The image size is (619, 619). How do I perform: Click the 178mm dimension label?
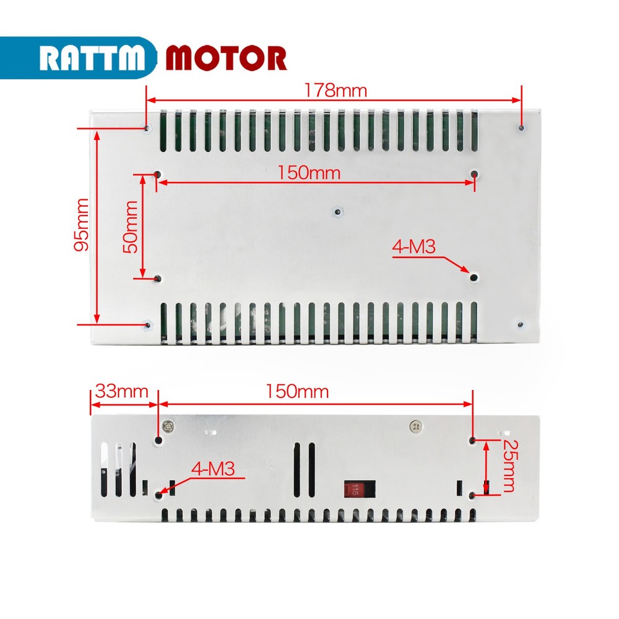(335, 90)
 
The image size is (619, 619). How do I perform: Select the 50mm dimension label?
(131, 226)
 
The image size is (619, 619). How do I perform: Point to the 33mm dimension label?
(121, 391)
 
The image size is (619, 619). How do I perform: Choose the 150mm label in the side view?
(298, 391)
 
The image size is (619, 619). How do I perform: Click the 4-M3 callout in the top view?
(413, 248)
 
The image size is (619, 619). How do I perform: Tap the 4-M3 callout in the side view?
(214, 469)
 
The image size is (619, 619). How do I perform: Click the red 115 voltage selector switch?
(354, 489)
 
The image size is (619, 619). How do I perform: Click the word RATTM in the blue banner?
(93, 58)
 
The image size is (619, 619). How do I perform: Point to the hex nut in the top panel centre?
(336, 212)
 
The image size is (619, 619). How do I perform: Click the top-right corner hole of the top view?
(521, 128)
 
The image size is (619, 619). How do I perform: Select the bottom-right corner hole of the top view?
(521, 324)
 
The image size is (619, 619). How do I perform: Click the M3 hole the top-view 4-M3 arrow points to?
(474, 277)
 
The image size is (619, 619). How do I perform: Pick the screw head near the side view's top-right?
(415, 426)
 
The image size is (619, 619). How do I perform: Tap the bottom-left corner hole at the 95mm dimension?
(147, 324)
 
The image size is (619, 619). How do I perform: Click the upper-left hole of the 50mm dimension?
(157, 175)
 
